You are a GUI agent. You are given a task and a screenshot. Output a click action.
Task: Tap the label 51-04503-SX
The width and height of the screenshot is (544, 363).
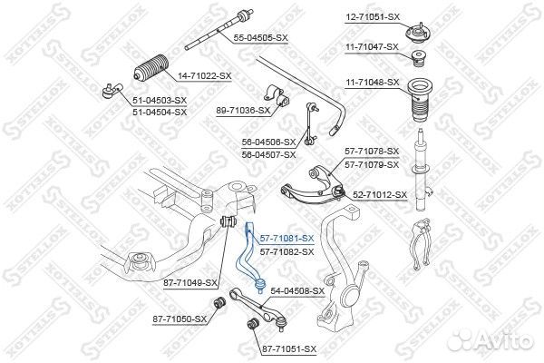pyautogui.click(x=160, y=100)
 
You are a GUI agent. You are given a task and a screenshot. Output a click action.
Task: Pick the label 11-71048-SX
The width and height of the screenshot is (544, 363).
pyautogui.click(x=374, y=82)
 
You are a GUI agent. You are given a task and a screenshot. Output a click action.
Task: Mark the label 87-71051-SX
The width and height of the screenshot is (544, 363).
pyautogui.click(x=289, y=348)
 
